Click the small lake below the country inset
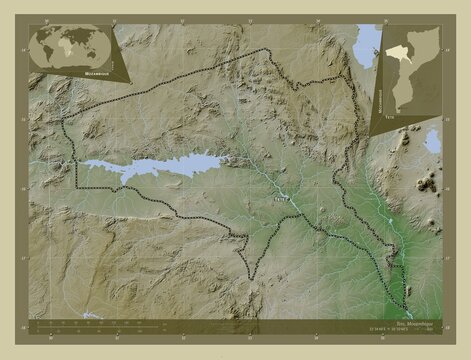(x=433, y=141)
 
